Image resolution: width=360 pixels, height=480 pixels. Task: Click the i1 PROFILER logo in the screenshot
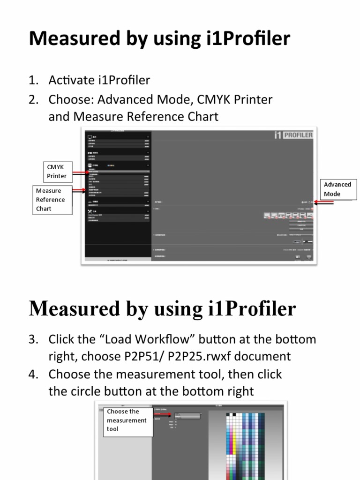293,135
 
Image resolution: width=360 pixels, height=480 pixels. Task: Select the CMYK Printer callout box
57,172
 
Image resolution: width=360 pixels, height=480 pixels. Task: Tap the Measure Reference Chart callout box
53,200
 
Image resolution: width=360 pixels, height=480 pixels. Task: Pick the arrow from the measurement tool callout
164,414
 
